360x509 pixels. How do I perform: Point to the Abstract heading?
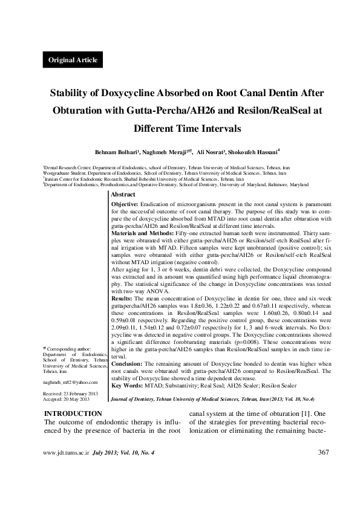pyautogui.click(x=123, y=195)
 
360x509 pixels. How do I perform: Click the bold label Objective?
pyautogui.click(x=128, y=205)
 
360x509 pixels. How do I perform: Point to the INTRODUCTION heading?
pyautogui.click(x=73, y=413)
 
